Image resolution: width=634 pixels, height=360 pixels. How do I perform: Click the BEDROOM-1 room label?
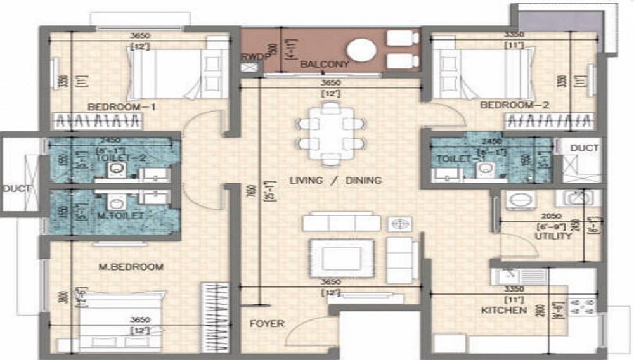point(122,106)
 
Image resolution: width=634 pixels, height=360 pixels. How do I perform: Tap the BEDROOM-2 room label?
point(514,105)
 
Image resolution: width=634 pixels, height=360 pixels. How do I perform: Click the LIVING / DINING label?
point(335,181)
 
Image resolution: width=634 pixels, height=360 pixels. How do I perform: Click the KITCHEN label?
point(503,311)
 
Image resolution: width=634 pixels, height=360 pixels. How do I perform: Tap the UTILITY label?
point(553,236)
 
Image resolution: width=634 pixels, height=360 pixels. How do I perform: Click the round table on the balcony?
point(362,50)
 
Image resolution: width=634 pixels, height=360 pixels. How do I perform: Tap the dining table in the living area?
point(330,134)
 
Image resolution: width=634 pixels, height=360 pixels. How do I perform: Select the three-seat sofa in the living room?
point(341,223)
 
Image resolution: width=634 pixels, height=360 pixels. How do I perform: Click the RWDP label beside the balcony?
point(251,56)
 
